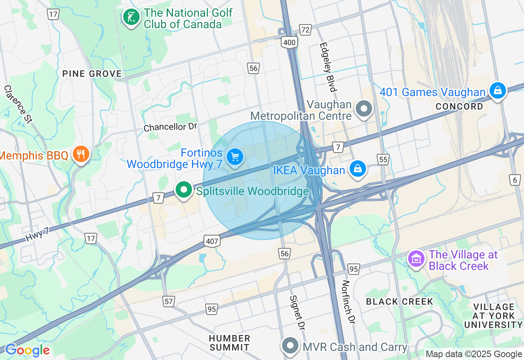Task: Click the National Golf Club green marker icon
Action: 131,18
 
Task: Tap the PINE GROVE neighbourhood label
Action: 92,74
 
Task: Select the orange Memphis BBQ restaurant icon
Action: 81,154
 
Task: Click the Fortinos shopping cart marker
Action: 235,157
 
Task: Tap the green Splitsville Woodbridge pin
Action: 184,190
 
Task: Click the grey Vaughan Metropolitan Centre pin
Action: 364,109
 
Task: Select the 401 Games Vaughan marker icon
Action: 498,90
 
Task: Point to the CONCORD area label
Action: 459,106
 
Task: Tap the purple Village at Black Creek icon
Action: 416,259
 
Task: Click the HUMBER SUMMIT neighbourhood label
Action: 230,343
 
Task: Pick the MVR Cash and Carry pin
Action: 290,346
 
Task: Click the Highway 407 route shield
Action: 212,241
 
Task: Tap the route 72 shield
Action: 305,30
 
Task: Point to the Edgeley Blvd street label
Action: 328,67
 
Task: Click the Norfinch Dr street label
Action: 348,302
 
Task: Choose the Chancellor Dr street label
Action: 170,127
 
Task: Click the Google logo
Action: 27,350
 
